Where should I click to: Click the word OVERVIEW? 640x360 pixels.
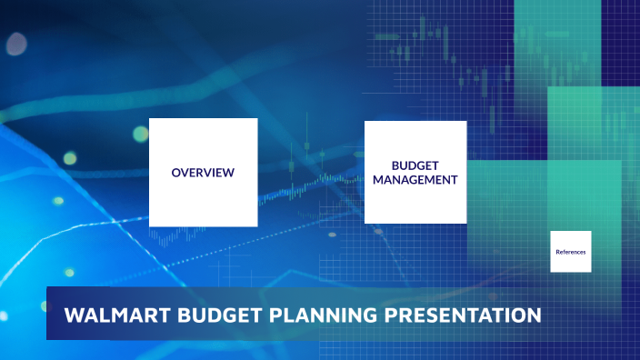click(203, 173)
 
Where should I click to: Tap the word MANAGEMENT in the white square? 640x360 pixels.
click(415, 180)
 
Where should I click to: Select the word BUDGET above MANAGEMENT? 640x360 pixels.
click(415, 166)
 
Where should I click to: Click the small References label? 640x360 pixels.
click(571, 251)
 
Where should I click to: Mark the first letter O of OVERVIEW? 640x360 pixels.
click(175, 173)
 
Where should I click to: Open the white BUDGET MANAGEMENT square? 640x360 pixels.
click(415, 205)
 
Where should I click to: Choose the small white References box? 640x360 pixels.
click(571, 262)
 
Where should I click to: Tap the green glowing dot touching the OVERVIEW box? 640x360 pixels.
click(140, 135)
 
